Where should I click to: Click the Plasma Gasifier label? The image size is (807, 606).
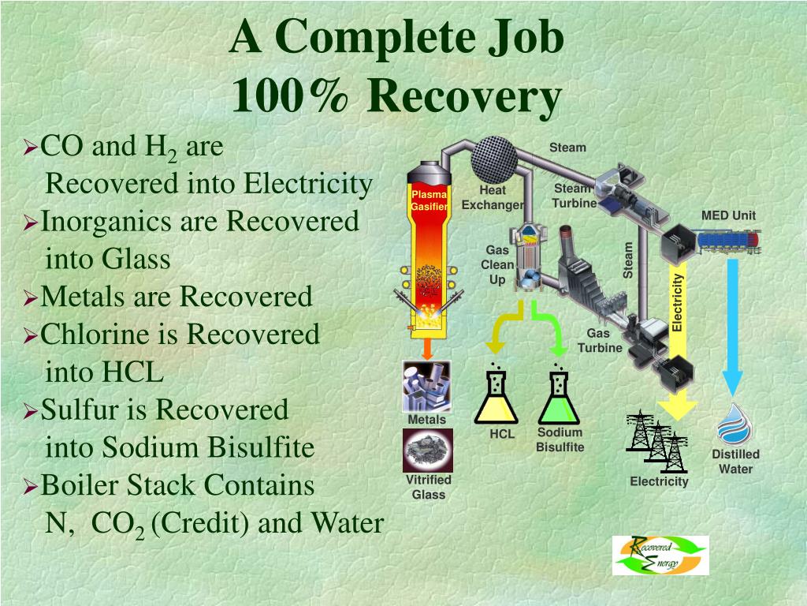pyautogui.click(x=429, y=200)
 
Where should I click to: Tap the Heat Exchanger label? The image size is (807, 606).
pyautogui.click(x=493, y=198)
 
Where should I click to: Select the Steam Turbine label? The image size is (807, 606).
pyautogui.click(x=573, y=196)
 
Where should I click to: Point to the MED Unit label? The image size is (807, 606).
pyautogui.click(x=728, y=216)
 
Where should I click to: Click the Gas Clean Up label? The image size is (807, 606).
pyautogui.click(x=497, y=265)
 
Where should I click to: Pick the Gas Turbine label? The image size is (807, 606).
pyautogui.click(x=600, y=341)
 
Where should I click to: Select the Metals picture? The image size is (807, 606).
pyautogui.click(x=427, y=387)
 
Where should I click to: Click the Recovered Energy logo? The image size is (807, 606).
pyautogui.click(x=660, y=555)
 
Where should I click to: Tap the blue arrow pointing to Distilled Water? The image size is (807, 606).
pyautogui.click(x=733, y=324)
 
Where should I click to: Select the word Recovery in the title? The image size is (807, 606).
pyautogui.click(x=464, y=97)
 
